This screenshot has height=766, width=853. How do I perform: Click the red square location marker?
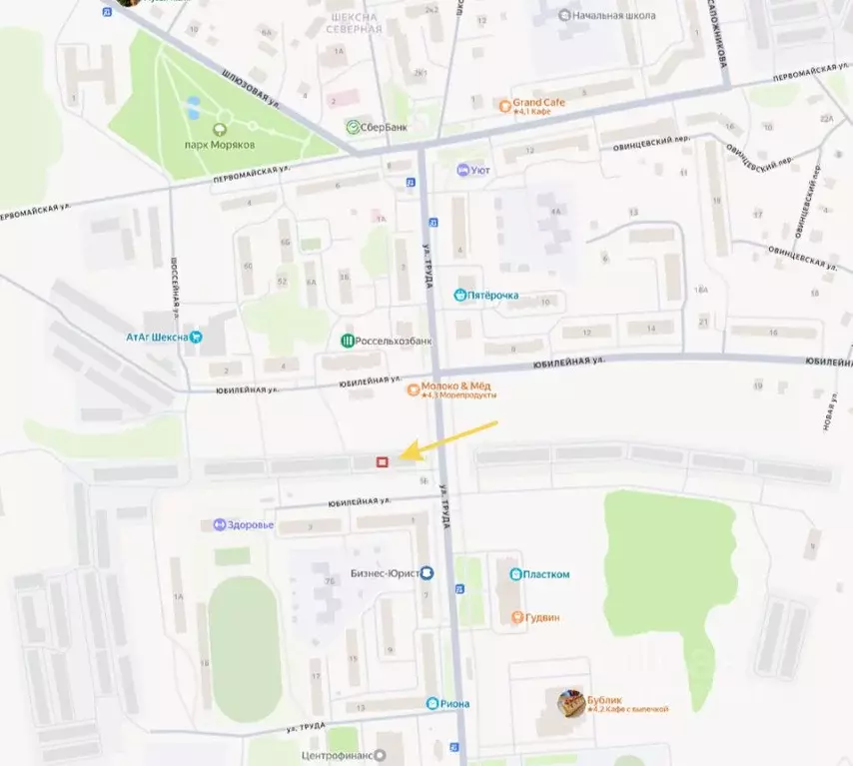click(382, 461)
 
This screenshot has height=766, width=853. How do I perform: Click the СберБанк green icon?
click(354, 127)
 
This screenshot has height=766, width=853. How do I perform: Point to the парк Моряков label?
click(220, 144)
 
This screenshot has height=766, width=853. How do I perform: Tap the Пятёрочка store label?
click(493, 296)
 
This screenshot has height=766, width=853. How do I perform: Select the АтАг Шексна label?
click(157, 337)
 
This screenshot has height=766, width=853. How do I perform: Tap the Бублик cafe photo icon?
click(571, 703)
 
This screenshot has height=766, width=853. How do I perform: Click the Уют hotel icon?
click(462, 170)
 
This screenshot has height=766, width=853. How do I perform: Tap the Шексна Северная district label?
click(354, 23)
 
